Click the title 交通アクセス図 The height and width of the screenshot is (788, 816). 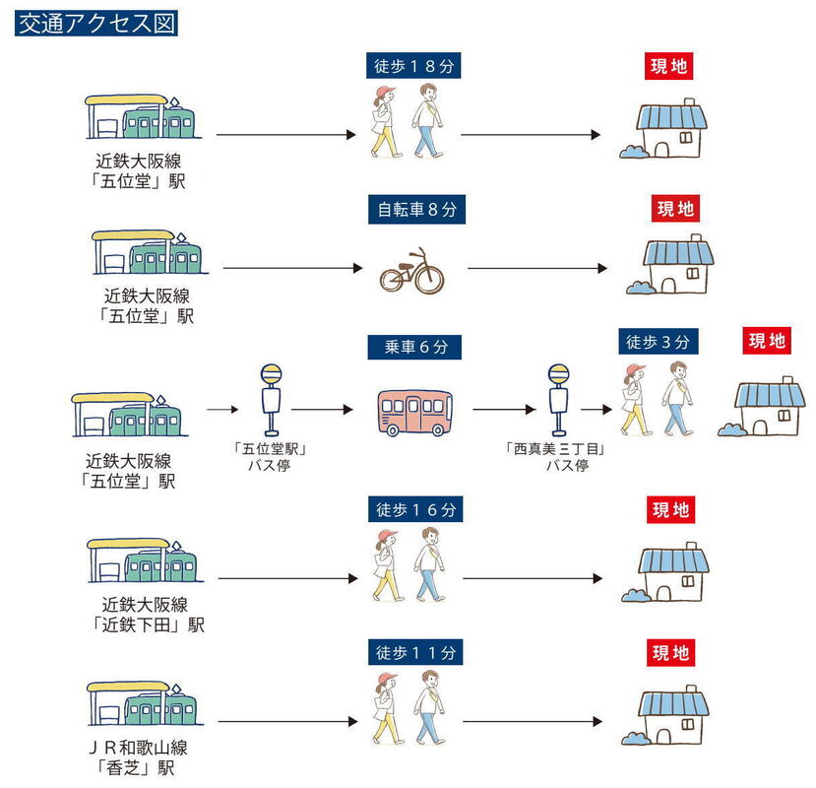tap(96, 24)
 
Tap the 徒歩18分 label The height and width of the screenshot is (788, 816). tap(413, 66)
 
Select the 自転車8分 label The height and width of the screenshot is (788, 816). tap(416, 210)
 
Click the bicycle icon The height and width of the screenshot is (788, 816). tap(411, 271)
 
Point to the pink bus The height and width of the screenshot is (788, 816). tap(414, 412)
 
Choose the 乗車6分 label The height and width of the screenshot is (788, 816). tap(414, 347)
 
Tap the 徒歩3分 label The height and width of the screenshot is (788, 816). tap(659, 342)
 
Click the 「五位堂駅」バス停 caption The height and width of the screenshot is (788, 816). tap(270, 456)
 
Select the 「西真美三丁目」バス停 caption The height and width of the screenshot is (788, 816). tap(556, 456)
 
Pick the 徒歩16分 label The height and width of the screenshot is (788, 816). tap(415, 509)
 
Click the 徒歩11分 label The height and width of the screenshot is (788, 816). tap(415, 653)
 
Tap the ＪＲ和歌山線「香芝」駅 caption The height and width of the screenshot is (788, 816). tap(138, 757)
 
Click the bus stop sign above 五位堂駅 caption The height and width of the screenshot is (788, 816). tap(271, 400)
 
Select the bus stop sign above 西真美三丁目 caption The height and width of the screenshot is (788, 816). tap(558, 400)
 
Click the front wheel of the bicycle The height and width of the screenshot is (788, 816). tap(429, 278)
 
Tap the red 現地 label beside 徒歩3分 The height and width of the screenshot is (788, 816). tap(767, 341)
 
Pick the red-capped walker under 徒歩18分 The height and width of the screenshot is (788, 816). tap(385, 122)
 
